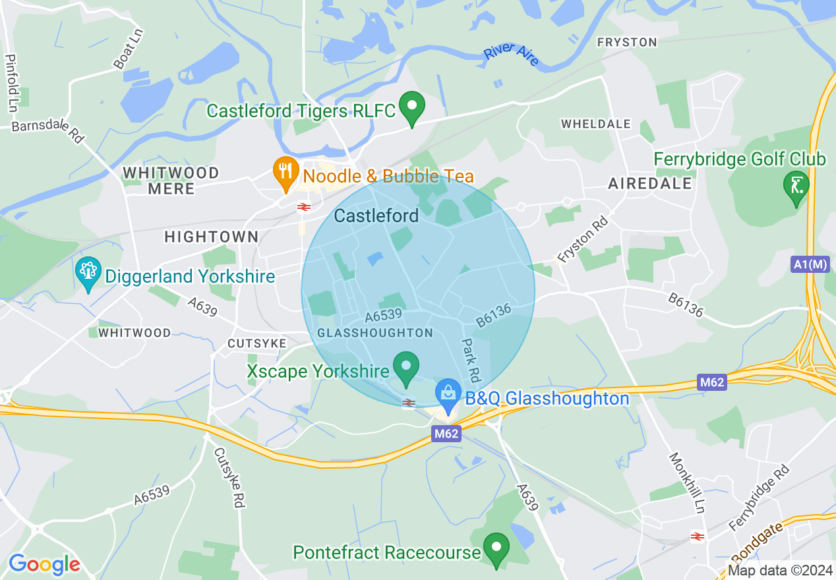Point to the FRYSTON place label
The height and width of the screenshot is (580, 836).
point(627,42)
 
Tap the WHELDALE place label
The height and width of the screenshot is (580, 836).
point(595,124)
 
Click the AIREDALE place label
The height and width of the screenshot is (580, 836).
point(650,183)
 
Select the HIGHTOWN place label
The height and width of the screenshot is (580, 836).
point(211,237)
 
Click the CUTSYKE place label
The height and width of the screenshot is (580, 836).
point(256,343)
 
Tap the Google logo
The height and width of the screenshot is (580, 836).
point(44,564)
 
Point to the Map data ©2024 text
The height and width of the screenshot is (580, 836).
point(779,570)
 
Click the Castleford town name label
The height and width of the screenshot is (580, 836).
point(376,216)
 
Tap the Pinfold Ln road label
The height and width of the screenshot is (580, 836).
point(11,82)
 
